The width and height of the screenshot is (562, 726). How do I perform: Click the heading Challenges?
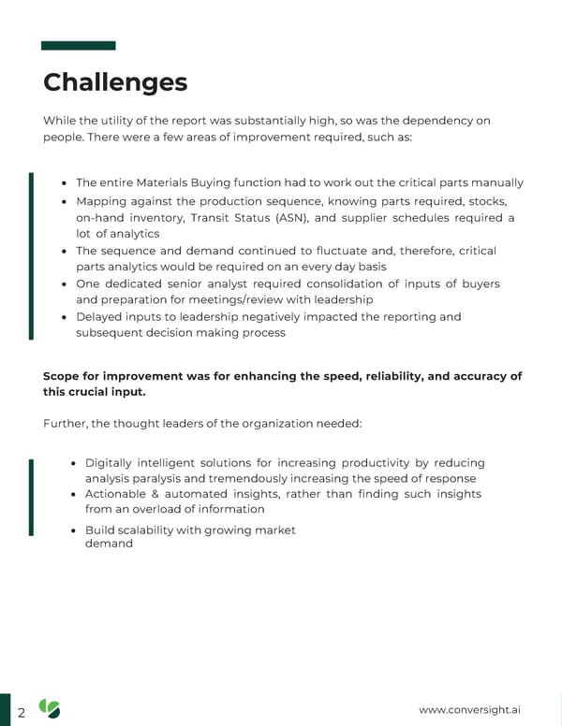coord(115,82)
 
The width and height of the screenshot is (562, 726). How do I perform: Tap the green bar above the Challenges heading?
coord(79,45)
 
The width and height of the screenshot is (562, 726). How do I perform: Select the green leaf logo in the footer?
coord(49,709)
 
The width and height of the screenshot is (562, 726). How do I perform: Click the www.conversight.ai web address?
coord(470,709)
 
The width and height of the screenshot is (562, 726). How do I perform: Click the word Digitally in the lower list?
coord(113,463)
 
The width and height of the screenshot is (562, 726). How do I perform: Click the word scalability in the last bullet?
coord(156,530)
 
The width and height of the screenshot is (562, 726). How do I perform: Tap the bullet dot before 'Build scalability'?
coord(74,530)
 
